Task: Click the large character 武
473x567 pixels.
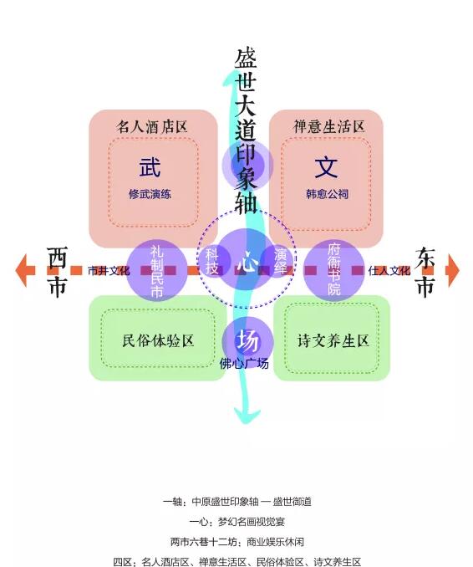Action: point(150,167)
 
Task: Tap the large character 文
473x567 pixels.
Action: point(326,167)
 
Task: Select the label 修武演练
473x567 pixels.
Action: point(150,194)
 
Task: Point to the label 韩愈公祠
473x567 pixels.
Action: point(327,194)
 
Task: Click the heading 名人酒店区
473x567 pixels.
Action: point(152,127)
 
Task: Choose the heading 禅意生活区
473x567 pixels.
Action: point(328,127)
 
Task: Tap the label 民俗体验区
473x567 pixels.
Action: point(158,340)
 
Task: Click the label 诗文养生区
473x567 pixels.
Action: point(333,340)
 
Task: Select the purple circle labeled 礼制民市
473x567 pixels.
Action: point(157,270)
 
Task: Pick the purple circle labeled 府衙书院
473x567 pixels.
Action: point(334,270)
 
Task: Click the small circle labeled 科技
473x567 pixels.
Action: point(213,261)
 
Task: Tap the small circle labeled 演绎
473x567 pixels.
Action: point(279,261)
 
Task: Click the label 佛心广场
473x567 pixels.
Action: point(244,364)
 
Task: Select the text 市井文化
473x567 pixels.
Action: point(109,270)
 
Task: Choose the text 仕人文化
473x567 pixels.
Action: point(389,270)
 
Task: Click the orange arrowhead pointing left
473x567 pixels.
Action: point(22,270)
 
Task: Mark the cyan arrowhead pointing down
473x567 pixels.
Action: point(247,416)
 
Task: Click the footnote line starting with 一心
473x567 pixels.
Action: point(237,522)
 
